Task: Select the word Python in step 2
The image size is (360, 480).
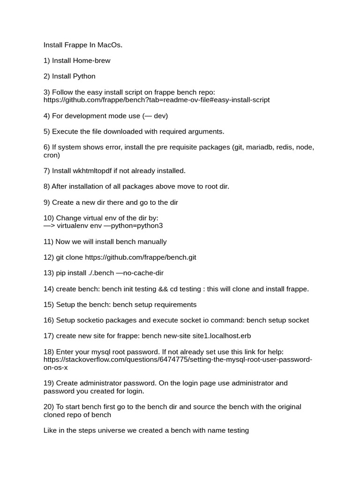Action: tap(84, 76)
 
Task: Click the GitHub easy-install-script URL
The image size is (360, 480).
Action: tap(157, 100)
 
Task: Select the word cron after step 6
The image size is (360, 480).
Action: tap(52, 155)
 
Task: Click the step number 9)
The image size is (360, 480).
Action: tap(47, 202)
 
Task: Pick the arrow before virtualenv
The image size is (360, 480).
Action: tap(50, 226)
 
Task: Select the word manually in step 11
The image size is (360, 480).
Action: tap(151, 242)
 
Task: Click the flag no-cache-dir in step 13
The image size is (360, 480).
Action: tap(143, 273)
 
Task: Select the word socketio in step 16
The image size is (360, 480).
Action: tap(93, 321)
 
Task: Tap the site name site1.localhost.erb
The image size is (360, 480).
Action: tap(218, 336)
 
